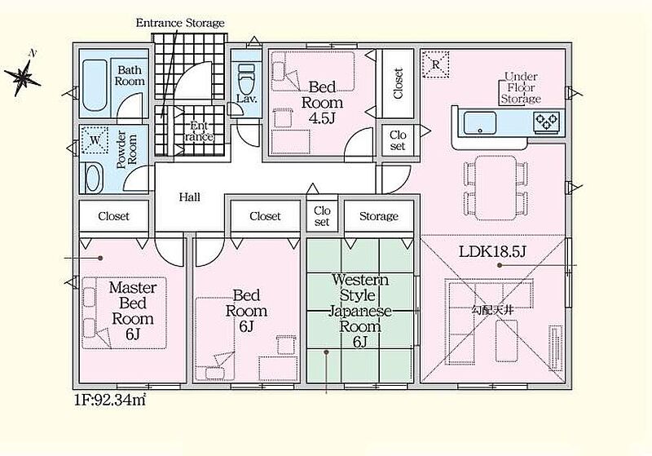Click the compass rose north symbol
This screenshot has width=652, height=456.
point(23,76)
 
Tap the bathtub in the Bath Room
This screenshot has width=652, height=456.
point(95,86)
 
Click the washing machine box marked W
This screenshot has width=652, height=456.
point(95,139)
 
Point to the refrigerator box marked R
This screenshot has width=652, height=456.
point(436,64)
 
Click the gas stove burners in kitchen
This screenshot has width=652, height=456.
point(547,121)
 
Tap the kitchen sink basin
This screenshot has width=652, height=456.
point(480,122)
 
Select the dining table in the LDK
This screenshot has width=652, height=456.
point(496,188)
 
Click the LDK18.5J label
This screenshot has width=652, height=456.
point(493,251)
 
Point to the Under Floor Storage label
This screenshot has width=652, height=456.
point(521,88)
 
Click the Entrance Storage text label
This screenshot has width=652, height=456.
point(180,23)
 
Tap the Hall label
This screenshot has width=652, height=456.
point(190,197)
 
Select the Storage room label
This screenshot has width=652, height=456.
point(379,216)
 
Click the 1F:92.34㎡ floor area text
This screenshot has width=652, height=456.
point(110,401)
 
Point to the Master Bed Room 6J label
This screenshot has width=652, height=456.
point(133,311)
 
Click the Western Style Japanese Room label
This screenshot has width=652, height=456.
point(359,311)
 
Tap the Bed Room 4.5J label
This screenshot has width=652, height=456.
point(322,103)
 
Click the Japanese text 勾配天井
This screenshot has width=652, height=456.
point(493,310)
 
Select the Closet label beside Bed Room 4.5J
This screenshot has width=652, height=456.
point(398,83)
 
